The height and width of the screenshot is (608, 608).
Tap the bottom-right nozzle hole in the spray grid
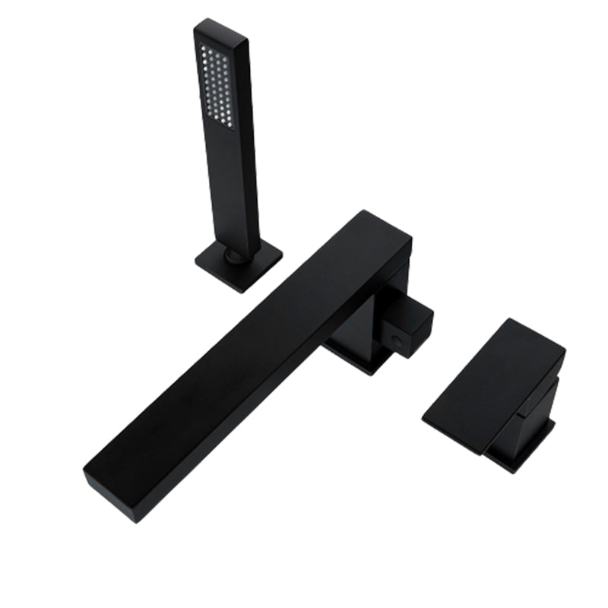[230, 124]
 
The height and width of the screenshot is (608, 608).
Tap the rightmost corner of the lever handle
[565, 350]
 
